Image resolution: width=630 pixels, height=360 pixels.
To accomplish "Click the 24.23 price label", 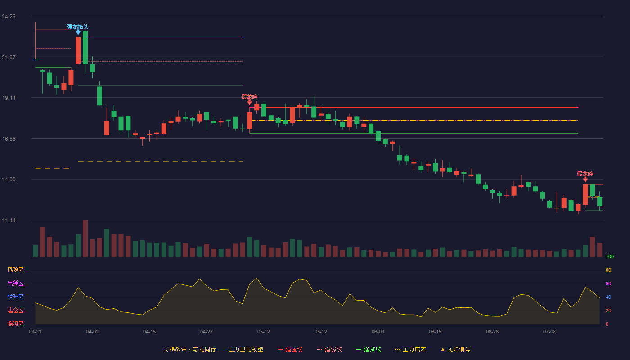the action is [x=9, y=17].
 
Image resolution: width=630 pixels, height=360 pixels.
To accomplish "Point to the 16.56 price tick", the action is [x=9, y=139].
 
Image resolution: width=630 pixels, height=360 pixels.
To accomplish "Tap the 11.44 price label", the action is [x=9, y=220].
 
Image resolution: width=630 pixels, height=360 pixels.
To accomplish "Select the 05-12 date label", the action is [x=264, y=332].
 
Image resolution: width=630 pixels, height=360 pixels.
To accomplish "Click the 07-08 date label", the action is [x=549, y=332].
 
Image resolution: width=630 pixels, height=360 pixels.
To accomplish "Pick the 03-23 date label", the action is [x=35, y=332].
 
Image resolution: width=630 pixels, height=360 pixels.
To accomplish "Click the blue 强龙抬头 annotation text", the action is [x=77, y=27].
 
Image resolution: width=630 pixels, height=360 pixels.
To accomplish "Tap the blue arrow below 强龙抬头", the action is [x=78, y=32].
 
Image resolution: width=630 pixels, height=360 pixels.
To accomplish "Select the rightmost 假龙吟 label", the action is [x=585, y=174].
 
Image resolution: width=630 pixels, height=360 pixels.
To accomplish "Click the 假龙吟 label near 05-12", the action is [x=249, y=97].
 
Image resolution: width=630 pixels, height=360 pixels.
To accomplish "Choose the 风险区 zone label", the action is [x=15, y=270].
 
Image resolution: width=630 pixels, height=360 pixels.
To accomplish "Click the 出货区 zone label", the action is [x=15, y=283].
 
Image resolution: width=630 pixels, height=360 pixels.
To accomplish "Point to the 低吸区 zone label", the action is [x=15, y=324].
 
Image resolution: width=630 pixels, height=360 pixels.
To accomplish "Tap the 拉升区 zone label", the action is [x=15, y=297].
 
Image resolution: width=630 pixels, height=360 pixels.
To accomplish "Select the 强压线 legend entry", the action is [x=290, y=349].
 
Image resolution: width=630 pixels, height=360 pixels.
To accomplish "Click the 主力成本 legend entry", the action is [x=410, y=349].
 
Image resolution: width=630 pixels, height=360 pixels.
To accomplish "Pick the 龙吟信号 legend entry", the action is [x=455, y=349].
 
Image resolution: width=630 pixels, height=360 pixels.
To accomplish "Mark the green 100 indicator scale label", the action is [x=610, y=256].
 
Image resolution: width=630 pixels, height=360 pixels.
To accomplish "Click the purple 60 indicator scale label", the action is [x=608, y=283].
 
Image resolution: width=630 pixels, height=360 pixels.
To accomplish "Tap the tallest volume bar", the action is [x=85, y=238].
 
